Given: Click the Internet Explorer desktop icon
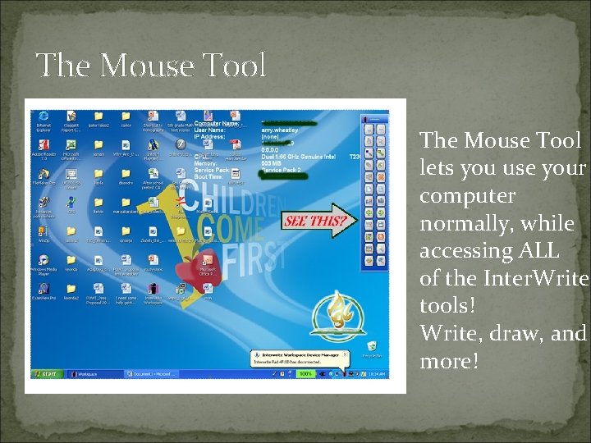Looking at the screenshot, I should [44, 119].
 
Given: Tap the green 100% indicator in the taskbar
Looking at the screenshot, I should [306, 373].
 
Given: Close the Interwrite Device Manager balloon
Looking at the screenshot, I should [346, 354].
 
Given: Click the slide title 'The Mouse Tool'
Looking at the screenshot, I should [152, 65].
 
